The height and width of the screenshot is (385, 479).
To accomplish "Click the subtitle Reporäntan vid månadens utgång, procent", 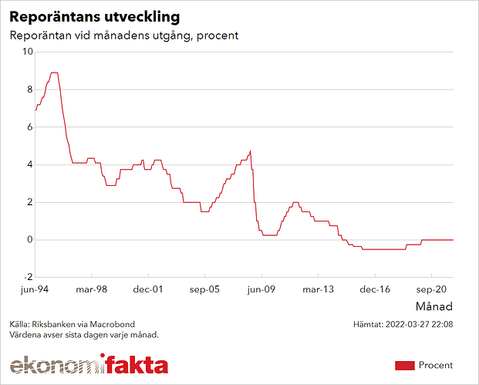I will coord(124,35).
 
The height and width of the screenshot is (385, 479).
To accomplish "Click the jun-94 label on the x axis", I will coord(35,290).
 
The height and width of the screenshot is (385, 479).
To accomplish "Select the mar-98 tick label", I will coord(92,290).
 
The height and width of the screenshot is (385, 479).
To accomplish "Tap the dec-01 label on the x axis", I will coord(148,290).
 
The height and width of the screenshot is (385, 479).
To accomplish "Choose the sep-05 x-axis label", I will coord(204,290).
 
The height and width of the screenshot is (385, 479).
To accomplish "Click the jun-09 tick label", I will coord(261,290).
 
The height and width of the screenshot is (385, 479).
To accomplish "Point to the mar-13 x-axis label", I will coord(317,290).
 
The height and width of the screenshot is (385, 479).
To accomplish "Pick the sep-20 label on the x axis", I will coord(430,290).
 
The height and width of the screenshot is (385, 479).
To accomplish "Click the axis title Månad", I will coord(435,306).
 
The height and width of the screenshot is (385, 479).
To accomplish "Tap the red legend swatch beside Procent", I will coord(405,365).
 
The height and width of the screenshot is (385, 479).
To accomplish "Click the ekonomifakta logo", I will coord(89,364).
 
